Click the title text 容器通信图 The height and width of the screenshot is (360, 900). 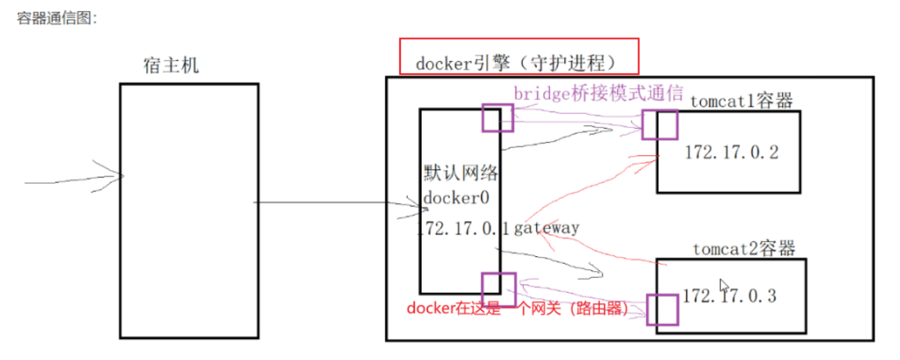tap(56, 18)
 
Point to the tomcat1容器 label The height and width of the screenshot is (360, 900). tap(741, 101)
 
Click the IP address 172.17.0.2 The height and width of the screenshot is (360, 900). tap(731, 152)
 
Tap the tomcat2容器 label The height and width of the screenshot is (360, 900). tap(743, 249)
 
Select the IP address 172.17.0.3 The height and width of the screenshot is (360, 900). tap(730, 296)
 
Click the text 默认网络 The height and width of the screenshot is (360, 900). tap(460, 173)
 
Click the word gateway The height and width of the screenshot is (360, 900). tap(546, 228)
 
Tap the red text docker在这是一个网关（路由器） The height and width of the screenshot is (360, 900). tap(517, 308)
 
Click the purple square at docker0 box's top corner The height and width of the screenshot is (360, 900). tap(498, 118)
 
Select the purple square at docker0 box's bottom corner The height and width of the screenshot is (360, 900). tap(498, 288)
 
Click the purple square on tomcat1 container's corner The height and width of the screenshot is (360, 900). tap(659, 125)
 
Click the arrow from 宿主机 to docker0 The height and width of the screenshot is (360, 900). tap(336, 205)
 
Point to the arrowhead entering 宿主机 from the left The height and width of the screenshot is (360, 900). tap(117, 176)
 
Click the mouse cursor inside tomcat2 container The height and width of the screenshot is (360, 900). tap(724, 286)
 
